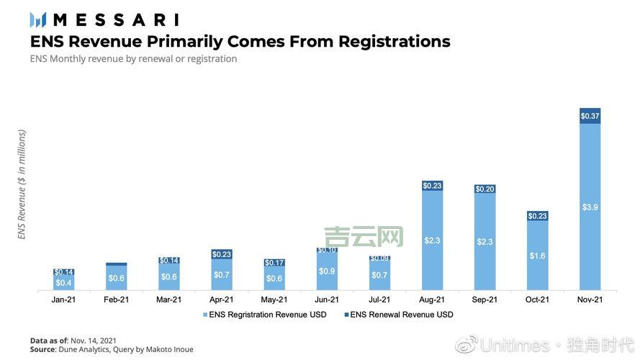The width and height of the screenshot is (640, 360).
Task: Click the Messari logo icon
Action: [x=38, y=19]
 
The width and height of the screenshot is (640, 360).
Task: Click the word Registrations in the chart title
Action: [x=369, y=42]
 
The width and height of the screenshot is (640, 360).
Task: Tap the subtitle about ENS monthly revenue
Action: [x=133, y=59]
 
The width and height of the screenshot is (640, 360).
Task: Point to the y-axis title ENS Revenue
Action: [x=22, y=184]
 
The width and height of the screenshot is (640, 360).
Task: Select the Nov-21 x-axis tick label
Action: [x=590, y=300]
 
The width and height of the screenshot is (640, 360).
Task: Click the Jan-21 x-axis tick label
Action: [x=63, y=300]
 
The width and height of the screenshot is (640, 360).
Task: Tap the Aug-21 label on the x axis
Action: [x=432, y=300]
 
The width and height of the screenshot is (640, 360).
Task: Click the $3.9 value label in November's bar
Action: [x=590, y=207]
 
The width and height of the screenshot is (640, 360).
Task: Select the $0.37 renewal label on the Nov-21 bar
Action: [x=590, y=116]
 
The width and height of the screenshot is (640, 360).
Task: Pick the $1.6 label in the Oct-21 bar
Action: [x=537, y=256]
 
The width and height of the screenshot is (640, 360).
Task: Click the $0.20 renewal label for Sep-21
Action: [x=484, y=189]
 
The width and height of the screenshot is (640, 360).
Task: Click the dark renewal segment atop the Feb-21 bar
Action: [x=116, y=264]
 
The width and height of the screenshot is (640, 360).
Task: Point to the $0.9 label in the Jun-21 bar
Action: [x=327, y=271]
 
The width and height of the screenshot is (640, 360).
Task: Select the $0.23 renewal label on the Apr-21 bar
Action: [x=222, y=254]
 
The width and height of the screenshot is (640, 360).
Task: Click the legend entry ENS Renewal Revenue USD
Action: [x=401, y=315]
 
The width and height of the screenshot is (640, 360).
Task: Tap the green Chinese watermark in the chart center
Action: [x=364, y=236]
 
